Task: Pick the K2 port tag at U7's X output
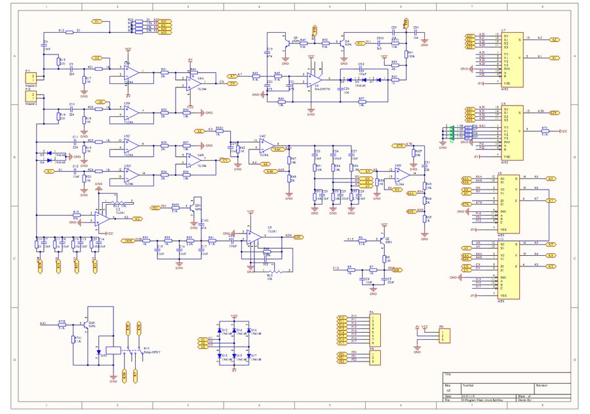point(554,40)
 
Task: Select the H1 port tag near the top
point(98,22)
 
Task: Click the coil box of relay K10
point(112,349)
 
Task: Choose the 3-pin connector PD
point(444,336)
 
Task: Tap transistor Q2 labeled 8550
point(382,240)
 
